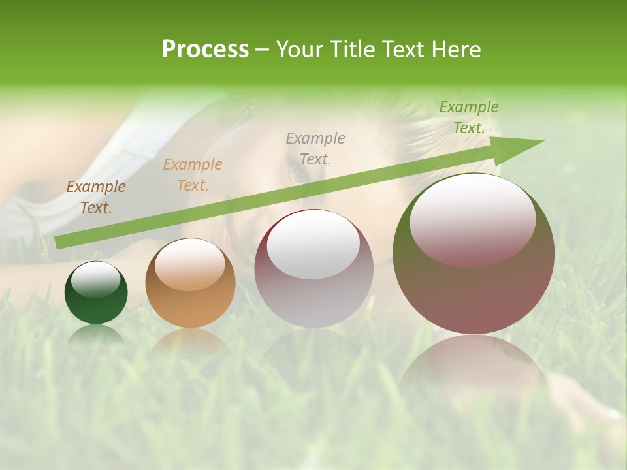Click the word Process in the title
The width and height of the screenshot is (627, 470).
pos(205,50)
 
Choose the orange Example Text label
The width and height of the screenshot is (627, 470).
pos(193,175)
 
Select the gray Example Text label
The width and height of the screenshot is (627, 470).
pos(315,148)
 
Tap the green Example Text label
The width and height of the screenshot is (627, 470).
pos(469,117)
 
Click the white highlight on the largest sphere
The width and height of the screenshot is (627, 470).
pos(473,221)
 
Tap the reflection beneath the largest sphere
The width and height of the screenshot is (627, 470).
pos(474,366)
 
